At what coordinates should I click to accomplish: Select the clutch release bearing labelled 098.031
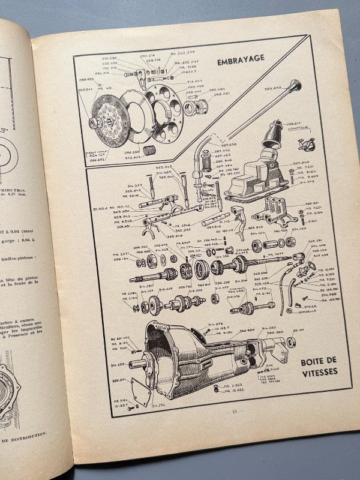196,107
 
